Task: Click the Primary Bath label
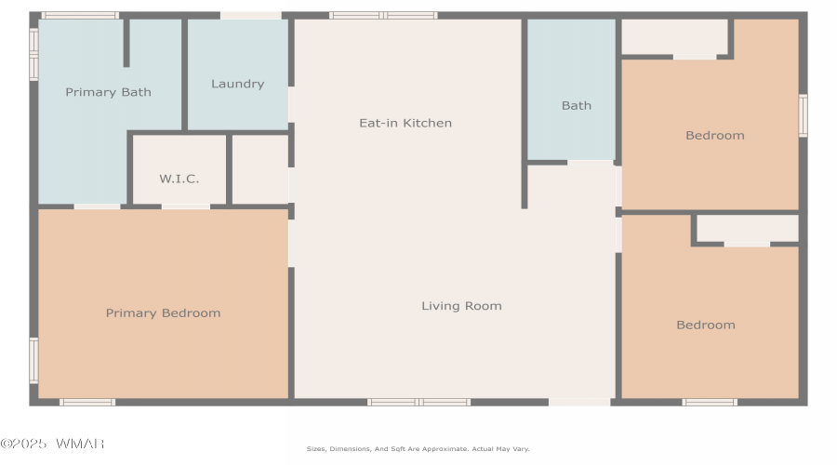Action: coord(109,92)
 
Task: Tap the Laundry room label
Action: coord(237,84)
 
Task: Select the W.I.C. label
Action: coord(179,179)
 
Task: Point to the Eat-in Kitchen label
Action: coord(405,124)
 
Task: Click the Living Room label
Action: coord(461,306)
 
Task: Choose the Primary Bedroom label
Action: coord(164,313)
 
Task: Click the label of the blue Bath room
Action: coord(577,106)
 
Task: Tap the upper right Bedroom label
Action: coord(715,136)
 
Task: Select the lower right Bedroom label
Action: coord(706,325)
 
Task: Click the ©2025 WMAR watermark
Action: coord(52,444)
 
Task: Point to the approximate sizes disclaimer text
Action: coord(418,449)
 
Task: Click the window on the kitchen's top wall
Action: coord(383,16)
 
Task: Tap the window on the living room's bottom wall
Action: coord(419,402)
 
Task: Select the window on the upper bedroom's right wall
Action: coord(803,115)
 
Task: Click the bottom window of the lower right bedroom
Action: coord(710,402)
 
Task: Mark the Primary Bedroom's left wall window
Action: coord(33,360)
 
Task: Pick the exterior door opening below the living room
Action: coord(579,402)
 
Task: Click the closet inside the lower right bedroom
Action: coord(748,229)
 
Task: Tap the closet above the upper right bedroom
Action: coord(675,36)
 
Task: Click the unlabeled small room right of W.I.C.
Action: coord(260,169)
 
